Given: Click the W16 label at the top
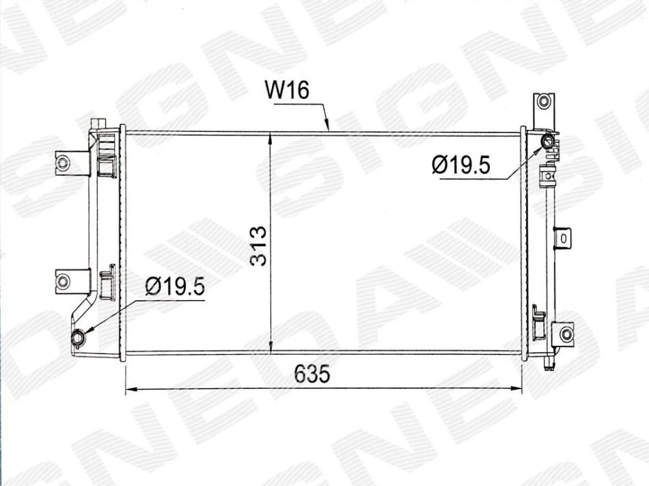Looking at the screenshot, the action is click(287, 90).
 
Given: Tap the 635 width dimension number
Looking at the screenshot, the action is click(312, 373).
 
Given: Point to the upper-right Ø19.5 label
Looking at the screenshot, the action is click(460, 165).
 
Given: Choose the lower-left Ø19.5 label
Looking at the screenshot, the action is click(175, 286).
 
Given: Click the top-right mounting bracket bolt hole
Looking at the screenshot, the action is click(544, 101).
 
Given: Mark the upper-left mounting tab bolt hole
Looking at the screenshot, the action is click(62, 162).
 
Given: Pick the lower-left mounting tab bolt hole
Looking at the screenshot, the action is click(62, 282).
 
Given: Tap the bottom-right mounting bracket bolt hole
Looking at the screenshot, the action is click(566, 334).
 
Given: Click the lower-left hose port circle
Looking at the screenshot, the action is click(78, 338).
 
